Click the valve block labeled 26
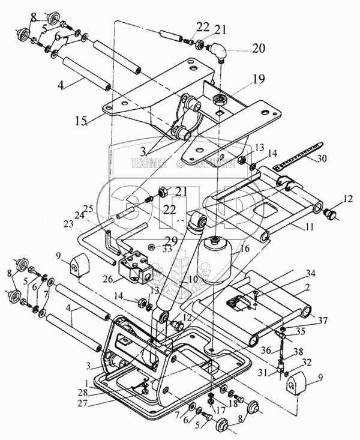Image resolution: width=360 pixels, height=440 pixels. click(137, 268)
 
